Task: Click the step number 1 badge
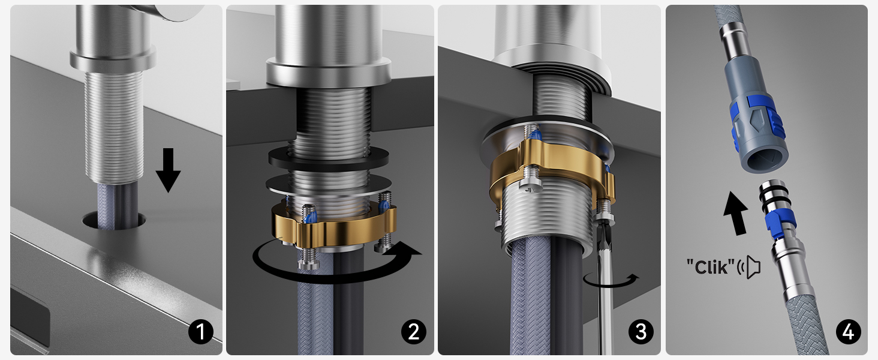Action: (201, 332)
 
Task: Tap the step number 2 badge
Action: (414, 332)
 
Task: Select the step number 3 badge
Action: (641, 332)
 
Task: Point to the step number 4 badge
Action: (848, 332)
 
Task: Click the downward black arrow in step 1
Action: (168, 170)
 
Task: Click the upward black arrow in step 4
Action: (736, 213)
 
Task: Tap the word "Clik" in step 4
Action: (711, 268)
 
